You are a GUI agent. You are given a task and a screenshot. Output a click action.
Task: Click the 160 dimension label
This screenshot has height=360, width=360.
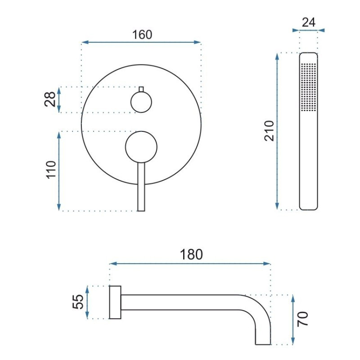tap(142, 35)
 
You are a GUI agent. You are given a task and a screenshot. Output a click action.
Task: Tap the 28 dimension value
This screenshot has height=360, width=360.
tap(50, 99)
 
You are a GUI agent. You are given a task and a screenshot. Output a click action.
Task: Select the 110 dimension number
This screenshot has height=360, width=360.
tap(51, 170)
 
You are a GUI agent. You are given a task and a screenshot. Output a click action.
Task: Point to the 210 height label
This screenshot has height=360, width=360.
tap(269, 130)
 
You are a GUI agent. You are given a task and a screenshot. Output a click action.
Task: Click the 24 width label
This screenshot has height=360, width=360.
tap(309, 22)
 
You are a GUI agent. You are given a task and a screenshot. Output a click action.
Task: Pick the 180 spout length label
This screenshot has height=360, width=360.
tap(191, 254)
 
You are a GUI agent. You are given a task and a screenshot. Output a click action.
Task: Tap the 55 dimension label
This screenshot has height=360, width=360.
tap(78, 301)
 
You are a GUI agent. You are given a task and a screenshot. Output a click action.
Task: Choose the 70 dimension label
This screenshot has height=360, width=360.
tap(302, 319)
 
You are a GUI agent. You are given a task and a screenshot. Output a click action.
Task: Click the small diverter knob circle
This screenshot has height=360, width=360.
tap(141, 102)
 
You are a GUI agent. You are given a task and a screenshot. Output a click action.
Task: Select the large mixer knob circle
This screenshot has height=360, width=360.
tap(141, 147)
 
